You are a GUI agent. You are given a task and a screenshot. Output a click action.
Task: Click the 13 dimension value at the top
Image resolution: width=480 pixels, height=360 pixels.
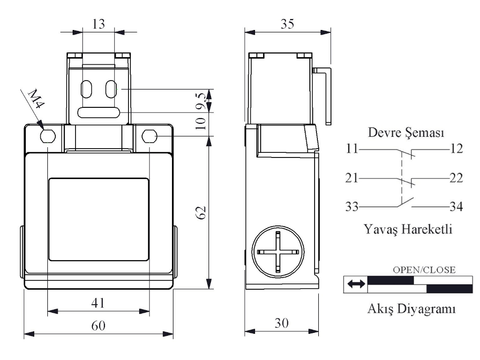coord(98,25)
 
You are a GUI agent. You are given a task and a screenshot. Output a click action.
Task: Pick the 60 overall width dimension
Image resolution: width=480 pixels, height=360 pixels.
coord(98,326)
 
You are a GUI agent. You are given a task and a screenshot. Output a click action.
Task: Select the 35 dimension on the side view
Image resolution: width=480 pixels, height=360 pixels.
coord(287,24)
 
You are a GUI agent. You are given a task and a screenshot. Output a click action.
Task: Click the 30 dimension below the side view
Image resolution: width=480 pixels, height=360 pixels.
coord(282,323)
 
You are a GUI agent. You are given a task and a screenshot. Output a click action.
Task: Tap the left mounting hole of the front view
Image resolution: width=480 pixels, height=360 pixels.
coord(48,136)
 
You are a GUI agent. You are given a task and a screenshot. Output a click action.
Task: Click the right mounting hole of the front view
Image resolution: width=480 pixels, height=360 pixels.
coord(149,136)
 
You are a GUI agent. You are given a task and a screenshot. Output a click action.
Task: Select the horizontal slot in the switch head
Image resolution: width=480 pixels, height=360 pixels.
coord(98,112)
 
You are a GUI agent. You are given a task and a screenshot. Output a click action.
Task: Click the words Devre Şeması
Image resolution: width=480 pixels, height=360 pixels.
coord(406,133)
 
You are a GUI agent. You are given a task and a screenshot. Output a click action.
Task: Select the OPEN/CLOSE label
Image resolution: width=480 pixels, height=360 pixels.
coord(424,270)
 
